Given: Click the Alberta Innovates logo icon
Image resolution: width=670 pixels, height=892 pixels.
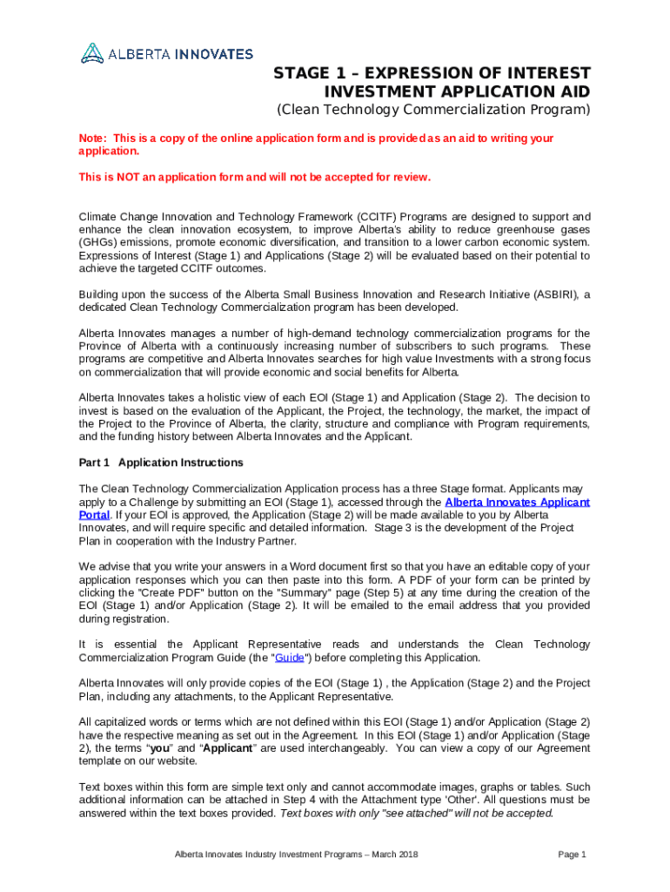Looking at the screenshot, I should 92,54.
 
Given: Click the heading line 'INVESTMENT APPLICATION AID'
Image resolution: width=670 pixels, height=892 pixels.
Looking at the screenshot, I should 457,91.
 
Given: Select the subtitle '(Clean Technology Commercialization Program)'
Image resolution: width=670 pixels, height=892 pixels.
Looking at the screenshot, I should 433,110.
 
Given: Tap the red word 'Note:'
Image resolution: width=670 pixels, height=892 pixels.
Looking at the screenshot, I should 92,139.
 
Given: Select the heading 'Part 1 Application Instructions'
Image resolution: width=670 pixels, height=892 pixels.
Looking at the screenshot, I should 161,463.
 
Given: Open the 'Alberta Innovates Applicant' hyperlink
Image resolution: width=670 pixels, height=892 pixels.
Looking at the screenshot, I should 517,502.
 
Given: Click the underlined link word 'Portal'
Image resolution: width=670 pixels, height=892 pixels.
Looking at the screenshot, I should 94,515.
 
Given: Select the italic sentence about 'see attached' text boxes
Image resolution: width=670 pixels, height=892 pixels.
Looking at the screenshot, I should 416,813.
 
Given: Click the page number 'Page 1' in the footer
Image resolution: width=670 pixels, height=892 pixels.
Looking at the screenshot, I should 572,855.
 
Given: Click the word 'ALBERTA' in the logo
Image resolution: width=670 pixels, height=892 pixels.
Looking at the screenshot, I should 139,54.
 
